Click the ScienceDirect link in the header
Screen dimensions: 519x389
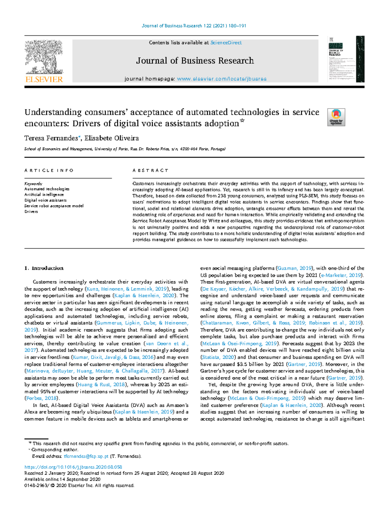pos(226,43)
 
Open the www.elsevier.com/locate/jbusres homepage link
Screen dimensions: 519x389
pos(222,79)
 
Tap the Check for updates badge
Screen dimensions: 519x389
pos(336,117)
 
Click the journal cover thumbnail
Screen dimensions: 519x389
pos(346,59)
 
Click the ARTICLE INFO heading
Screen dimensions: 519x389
pos(49,170)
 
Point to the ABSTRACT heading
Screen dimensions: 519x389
pos(150,170)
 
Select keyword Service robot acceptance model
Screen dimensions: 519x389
pos(54,206)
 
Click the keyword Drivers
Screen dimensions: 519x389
pos(31,211)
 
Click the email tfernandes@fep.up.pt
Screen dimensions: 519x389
pos(86,456)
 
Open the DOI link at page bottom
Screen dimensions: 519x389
pos(73,467)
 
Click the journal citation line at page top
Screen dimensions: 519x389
pos(194,26)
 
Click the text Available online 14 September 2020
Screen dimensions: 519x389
pos(62,479)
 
